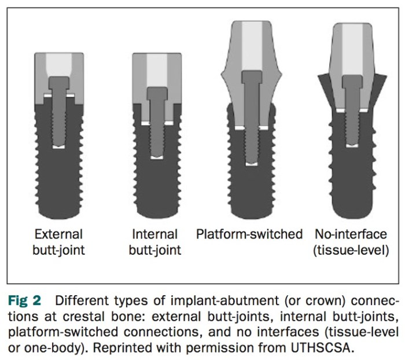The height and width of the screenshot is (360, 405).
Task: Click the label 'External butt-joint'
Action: click(x=58, y=242)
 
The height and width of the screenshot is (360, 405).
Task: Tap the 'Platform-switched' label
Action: click(x=249, y=234)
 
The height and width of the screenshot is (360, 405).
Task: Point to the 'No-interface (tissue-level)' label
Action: click(x=351, y=242)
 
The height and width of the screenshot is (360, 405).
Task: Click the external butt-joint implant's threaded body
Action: click(x=58, y=179)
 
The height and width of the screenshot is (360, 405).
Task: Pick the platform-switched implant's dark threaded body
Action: click(x=249, y=185)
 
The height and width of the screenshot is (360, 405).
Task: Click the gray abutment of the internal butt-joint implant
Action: click(x=139, y=87)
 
